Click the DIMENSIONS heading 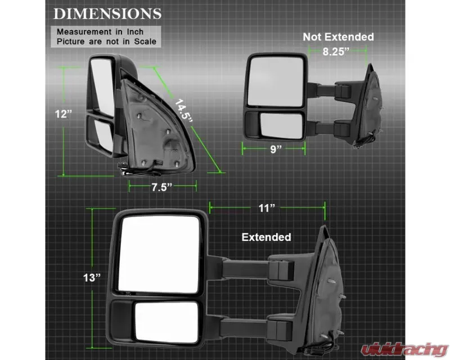tap(107, 13)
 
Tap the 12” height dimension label tap(63, 114)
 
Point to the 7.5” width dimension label tap(161, 187)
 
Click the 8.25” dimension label tap(336, 52)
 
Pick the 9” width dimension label tap(276, 149)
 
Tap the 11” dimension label tap(267, 208)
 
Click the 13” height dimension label tap(92, 278)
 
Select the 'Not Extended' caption tap(339, 37)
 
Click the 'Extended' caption tap(266, 237)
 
